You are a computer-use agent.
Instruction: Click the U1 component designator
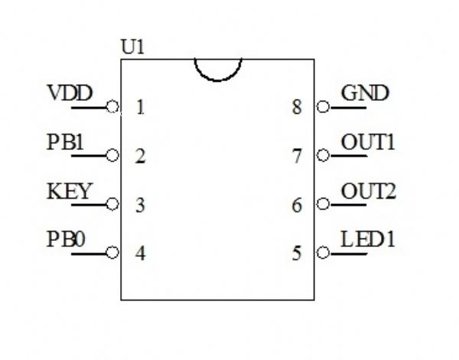point(133,47)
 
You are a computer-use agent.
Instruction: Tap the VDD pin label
point(70,94)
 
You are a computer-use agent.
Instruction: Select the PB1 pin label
point(66,142)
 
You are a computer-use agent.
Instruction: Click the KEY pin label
point(69,191)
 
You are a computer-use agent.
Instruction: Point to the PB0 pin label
point(66,239)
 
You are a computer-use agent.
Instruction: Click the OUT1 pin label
point(368,142)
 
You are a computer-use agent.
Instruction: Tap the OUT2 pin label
point(368,191)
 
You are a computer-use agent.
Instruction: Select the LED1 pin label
point(368,239)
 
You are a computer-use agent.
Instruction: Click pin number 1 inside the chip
point(140,108)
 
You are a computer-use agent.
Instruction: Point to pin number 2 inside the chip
point(140,157)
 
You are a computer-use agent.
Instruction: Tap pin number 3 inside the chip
point(140,205)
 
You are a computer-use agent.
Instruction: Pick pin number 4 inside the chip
point(140,253)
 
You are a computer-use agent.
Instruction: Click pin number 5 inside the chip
point(297,253)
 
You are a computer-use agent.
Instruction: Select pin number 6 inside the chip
point(297,205)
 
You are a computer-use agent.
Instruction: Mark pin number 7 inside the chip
point(297,157)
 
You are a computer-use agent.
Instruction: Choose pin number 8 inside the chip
point(297,108)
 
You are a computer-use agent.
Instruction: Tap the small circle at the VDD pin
point(113,107)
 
